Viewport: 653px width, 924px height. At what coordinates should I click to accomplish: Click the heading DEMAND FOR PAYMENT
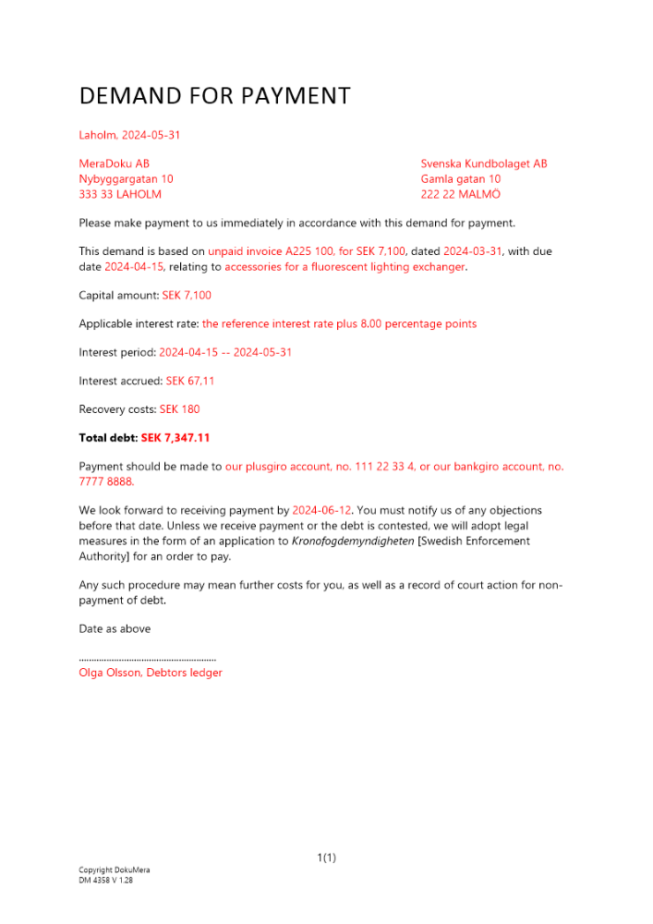[214, 96]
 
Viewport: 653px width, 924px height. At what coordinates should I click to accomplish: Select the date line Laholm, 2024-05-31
[129, 135]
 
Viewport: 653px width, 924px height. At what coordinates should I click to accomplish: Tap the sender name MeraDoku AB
[114, 164]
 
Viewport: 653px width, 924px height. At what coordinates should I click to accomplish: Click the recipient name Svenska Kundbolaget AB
[483, 164]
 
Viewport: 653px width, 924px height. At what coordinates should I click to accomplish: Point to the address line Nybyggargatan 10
[126, 179]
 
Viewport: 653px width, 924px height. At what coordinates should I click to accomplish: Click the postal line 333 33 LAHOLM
[120, 194]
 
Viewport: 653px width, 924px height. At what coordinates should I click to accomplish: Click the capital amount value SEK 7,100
[187, 296]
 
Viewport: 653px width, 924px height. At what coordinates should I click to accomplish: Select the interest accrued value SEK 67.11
[190, 381]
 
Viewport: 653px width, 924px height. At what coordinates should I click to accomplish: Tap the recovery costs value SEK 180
[179, 409]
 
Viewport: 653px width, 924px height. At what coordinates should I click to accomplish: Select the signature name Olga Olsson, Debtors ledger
[151, 673]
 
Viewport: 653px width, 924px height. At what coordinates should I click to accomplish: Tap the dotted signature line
[148, 660]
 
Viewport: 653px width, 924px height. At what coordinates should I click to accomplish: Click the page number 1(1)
[326, 858]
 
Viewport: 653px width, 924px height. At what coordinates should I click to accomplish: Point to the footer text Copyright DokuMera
[114, 870]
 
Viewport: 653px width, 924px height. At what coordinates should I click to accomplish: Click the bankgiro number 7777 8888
[106, 481]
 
